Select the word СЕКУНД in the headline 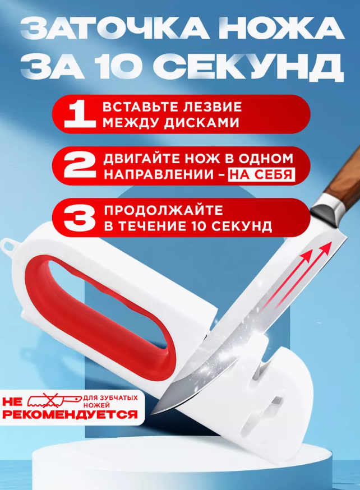click(252, 67)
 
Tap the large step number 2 click(80, 166)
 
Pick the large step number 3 click(80, 218)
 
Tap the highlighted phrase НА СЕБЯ click(261, 174)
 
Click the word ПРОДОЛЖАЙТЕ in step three click(163, 210)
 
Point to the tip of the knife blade click(151, 414)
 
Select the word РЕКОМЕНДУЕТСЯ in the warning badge click(70, 414)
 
